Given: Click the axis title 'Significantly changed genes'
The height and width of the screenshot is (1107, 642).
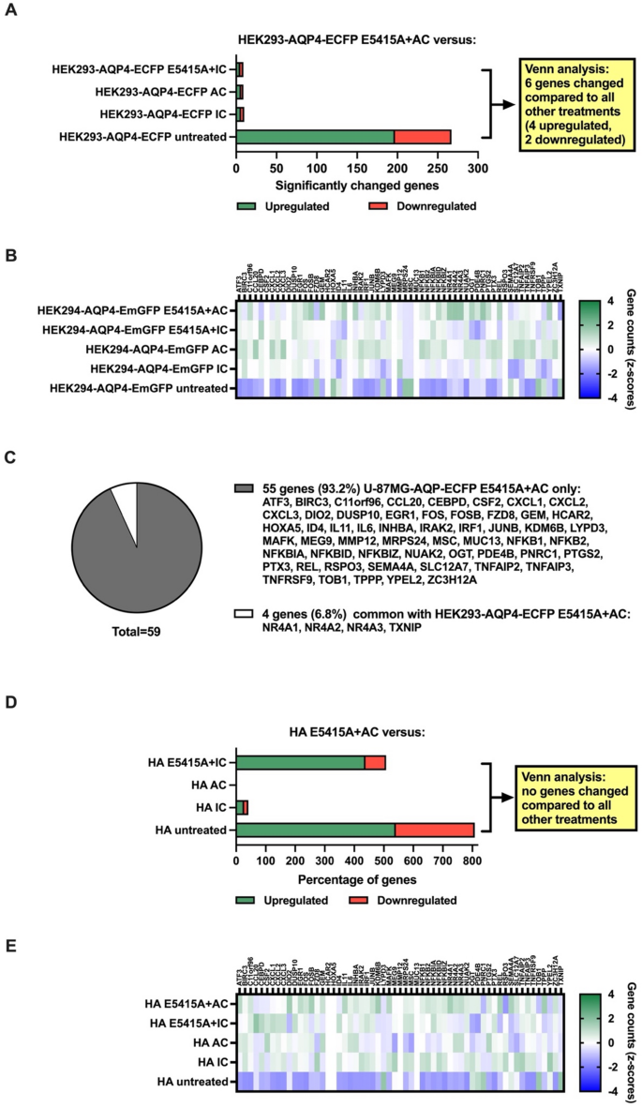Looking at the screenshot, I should [357, 185].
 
